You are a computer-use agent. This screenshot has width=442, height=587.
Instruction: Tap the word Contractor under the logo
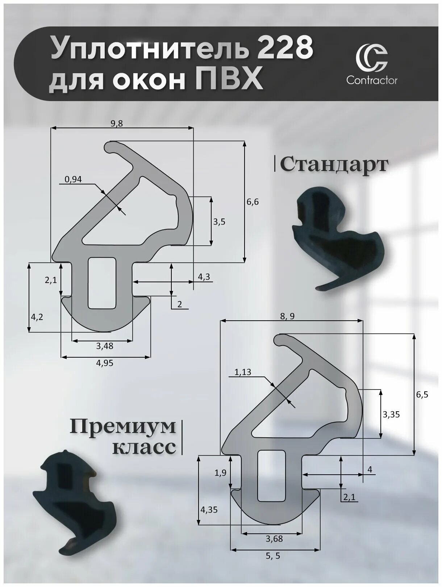tap(371, 80)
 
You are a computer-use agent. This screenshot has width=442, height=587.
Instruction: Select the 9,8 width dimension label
tap(117, 124)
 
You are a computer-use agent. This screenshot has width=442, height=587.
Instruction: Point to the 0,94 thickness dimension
tap(74, 179)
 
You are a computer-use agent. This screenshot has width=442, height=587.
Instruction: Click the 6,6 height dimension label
tap(253, 202)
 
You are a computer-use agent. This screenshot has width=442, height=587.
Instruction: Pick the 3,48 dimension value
tap(105, 346)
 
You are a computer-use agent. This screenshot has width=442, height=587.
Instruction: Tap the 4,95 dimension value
tap(105, 363)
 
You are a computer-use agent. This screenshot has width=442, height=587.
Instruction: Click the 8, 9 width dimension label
tap(287, 316)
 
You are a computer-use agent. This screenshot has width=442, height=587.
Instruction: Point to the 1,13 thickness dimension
tap(243, 372)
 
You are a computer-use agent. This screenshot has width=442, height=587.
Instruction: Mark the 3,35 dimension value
tap(391, 414)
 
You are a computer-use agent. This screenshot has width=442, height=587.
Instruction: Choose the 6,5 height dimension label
tap(422, 395)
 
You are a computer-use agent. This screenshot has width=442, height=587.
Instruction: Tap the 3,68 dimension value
tap(274, 539)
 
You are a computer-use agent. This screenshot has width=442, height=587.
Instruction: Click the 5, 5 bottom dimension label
tap(273, 556)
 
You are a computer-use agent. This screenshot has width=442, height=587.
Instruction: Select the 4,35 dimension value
tap(209, 509)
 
